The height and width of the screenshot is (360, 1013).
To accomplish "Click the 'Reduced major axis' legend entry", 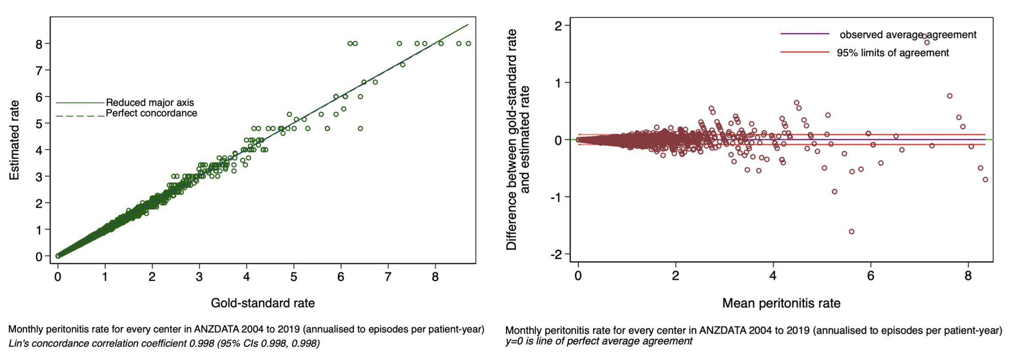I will (x=150, y=103).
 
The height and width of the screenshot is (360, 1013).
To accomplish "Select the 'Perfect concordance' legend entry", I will (x=151, y=113).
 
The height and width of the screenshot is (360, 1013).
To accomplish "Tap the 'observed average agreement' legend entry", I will (x=908, y=34).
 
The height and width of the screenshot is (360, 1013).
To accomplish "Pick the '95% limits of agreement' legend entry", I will (x=893, y=53).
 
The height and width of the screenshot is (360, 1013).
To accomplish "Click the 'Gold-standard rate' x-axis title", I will (x=263, y=303).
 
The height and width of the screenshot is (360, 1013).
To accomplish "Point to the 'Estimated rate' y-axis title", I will (x=15, y=140).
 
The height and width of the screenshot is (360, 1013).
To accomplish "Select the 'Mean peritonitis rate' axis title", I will (x=781, y=303).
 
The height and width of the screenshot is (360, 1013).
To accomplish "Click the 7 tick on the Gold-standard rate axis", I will (x=388, y=277).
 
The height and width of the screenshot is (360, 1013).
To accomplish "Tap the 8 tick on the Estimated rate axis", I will (x=39, y=44).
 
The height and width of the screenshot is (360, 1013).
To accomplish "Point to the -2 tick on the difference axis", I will (x=556, y=254).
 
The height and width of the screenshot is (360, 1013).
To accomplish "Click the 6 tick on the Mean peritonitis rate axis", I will (x=871, y=276).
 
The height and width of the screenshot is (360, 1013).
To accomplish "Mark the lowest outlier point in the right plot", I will (x=852, y=232).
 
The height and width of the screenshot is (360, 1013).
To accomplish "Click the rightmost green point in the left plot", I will (x=468, y=44).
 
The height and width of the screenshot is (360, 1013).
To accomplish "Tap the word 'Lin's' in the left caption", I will (x=19, y=344).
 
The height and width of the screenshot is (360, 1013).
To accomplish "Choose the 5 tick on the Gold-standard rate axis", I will (x=294, y=277).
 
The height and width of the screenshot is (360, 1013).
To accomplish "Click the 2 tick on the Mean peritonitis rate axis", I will (x=675, y=276).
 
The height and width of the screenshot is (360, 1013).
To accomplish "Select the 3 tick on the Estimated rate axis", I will (x=39, y=177).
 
